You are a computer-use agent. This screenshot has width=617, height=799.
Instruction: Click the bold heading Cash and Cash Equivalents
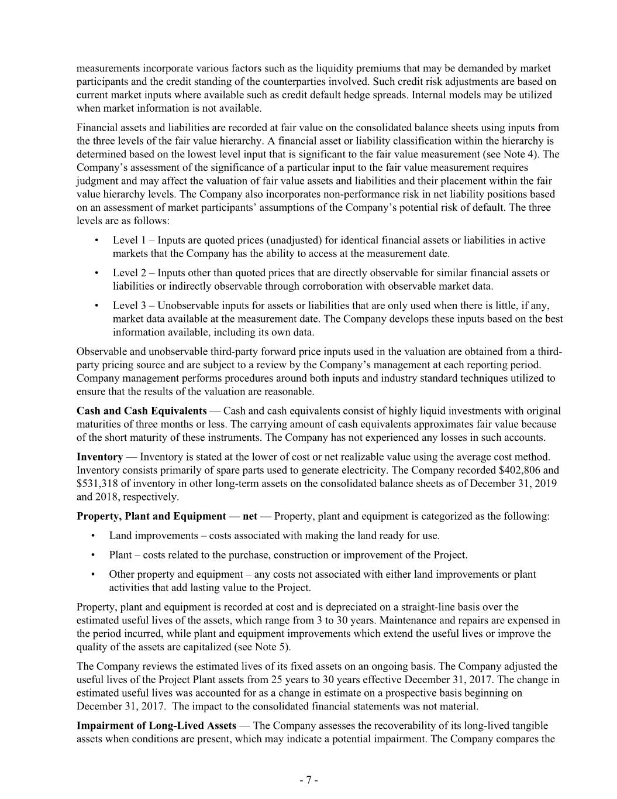click(142, 411)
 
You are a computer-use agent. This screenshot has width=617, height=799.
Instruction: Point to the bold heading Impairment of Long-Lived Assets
click(156, 726)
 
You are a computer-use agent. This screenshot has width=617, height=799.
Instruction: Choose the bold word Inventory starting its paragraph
click(99, 457)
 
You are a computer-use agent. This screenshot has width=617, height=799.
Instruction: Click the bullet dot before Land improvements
click(95, 536)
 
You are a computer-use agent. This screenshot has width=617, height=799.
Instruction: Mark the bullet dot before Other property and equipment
click(95, 575)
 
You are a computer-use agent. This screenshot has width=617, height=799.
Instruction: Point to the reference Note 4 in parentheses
click(530, 155)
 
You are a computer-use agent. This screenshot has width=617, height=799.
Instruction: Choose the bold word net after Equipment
click(250, 516)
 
